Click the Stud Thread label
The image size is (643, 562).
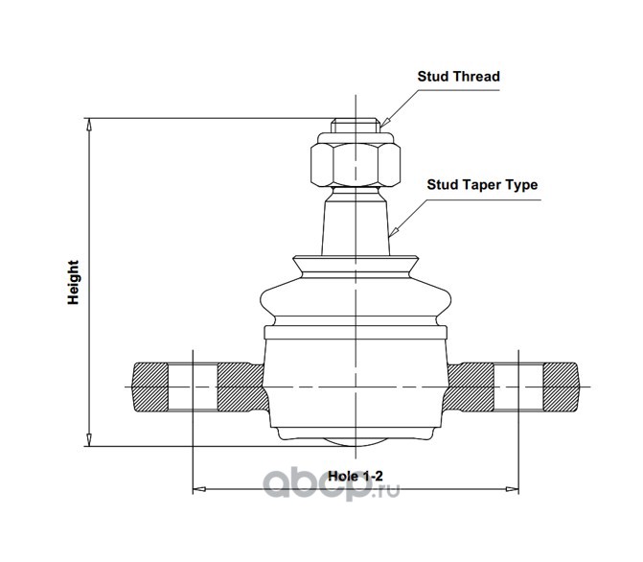458,76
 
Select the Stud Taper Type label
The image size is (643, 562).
482,185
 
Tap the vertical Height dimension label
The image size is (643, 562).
73,284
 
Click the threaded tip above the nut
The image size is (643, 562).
354,126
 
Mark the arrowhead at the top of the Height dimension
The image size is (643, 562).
89,123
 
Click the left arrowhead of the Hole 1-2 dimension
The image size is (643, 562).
198,490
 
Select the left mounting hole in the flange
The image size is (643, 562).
193,387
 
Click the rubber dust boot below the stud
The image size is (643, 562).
354,293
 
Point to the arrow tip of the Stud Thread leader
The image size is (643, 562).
380,125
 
